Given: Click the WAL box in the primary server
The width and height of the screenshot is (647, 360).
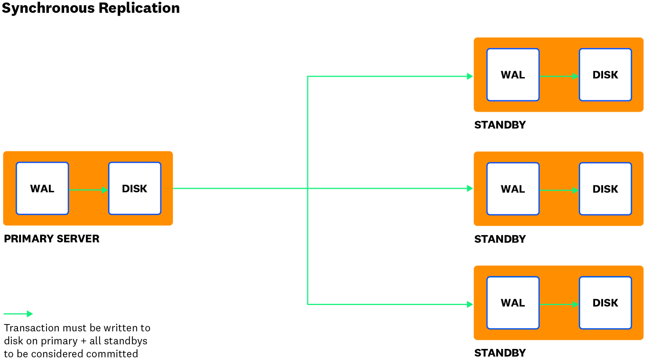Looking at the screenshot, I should (42, 188).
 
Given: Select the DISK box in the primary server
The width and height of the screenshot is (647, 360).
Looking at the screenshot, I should (134, 188).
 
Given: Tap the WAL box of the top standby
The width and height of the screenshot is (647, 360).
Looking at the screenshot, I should (513, 75).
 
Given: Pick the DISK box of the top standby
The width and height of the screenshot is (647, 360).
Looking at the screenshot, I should (605, 75).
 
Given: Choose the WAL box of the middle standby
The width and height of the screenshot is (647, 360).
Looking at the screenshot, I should (513, 189).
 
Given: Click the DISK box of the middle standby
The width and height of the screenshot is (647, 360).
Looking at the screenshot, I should (605, 189).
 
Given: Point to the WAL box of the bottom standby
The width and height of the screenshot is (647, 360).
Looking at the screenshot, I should (513, 303).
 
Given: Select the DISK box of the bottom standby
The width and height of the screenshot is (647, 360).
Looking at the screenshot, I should (605, 303).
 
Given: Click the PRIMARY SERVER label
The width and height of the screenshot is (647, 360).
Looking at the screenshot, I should (52, 239).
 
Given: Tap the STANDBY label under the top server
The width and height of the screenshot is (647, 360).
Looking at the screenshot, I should (500, 125).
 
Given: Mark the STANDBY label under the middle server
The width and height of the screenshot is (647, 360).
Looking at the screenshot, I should (500, 239).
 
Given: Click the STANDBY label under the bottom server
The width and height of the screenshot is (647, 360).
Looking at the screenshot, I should (500, 353).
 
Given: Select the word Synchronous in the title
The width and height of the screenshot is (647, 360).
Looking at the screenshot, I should (49, 8).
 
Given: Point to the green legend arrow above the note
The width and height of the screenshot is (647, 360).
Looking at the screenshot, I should (18, 314).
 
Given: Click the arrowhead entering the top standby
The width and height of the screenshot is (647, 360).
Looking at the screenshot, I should (470, 76).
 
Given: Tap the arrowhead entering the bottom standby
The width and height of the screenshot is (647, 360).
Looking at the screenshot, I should (470, 305).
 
